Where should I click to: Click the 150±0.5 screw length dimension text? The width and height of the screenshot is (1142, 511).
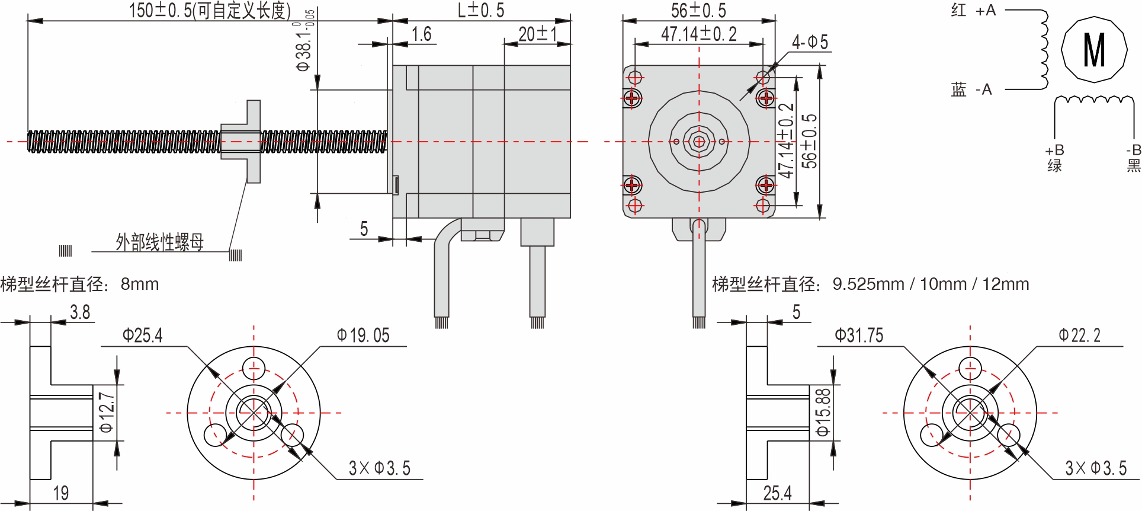210,10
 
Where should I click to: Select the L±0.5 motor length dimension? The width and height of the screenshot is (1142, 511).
480,10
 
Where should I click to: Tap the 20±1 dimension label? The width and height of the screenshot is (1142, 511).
537,34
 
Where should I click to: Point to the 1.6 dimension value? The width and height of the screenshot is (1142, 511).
421,34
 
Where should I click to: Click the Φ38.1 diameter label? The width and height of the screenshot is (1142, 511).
304,44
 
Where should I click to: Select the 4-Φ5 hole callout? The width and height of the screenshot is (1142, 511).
810,42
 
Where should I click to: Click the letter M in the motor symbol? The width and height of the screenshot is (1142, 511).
1093,50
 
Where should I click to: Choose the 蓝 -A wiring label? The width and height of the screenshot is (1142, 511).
971,90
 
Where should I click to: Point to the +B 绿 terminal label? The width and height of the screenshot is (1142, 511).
1054,158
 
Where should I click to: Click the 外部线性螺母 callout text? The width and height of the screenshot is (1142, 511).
159,242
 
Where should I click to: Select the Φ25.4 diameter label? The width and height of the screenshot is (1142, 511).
142,336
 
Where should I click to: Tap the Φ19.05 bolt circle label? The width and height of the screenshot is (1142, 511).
363,336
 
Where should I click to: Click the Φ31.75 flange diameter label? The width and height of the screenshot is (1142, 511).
858,336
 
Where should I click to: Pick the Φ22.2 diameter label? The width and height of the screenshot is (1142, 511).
1079,336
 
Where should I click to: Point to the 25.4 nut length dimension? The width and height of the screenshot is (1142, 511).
777,493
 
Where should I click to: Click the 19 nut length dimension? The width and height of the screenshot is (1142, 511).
61,493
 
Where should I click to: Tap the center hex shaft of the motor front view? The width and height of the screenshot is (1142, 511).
699,142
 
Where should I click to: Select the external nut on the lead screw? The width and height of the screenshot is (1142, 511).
243,142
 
